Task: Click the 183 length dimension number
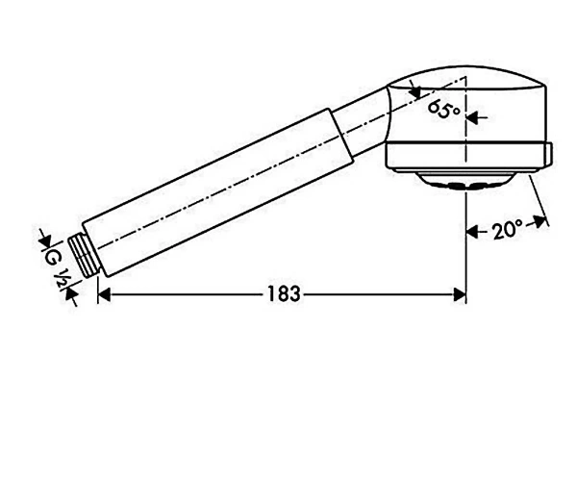click(284, 294)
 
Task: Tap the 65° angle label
click(444, 109)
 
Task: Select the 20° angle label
click(508, 230)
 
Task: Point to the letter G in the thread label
click(51, 259)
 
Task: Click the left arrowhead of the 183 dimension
click(104, 294)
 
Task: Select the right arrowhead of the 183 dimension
click(460, 294)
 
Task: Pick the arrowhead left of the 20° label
click(472, 232)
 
